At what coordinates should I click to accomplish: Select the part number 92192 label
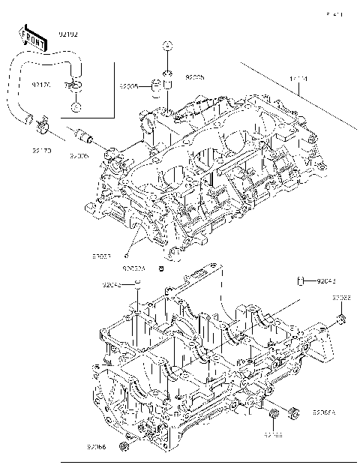point(68,34)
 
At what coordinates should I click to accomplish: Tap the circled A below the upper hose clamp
point(76,107)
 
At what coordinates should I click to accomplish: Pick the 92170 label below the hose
point(40,150)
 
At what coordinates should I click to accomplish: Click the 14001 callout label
point(298,78)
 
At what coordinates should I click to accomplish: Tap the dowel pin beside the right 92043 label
point(301,281)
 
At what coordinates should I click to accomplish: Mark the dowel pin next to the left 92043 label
point(139,283)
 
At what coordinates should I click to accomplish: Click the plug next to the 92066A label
point(293,412)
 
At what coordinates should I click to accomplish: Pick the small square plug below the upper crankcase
point(160,267)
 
